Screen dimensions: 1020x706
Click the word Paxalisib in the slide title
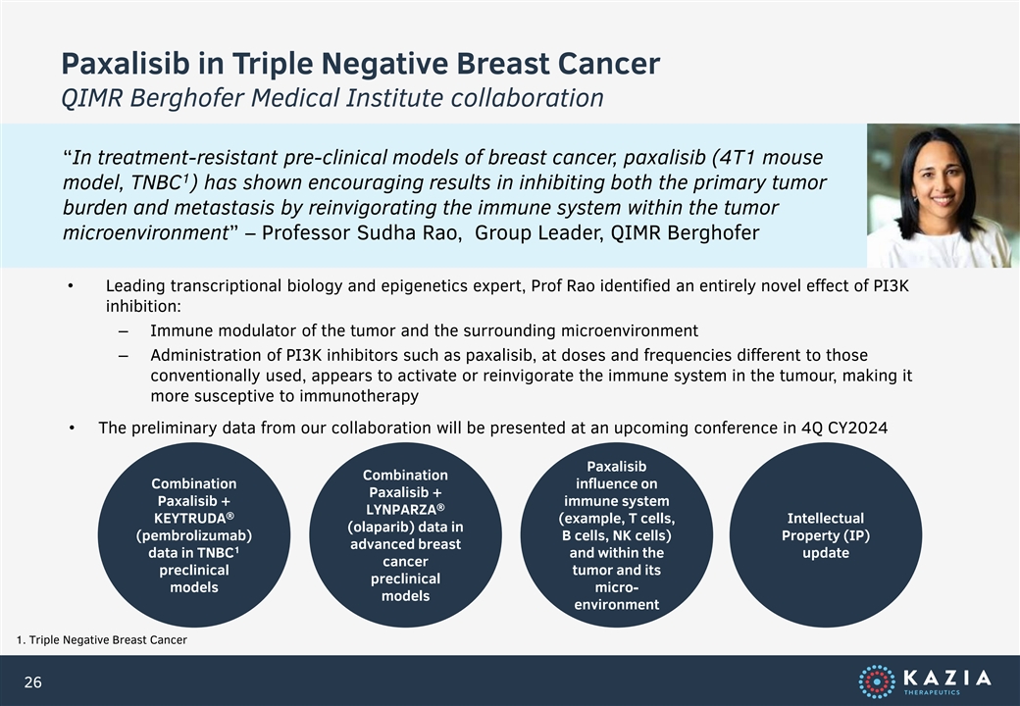[126, 64]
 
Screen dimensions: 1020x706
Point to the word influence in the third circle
[617, 483]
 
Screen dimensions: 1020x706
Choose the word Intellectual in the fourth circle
[826, 518]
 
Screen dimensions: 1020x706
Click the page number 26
[32, 681]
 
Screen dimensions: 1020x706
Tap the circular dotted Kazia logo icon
[877, 681]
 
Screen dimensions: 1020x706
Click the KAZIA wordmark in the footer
[947, 679]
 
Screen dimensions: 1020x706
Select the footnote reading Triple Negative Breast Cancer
[108, 640]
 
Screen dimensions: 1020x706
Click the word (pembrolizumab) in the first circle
[194, 535]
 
